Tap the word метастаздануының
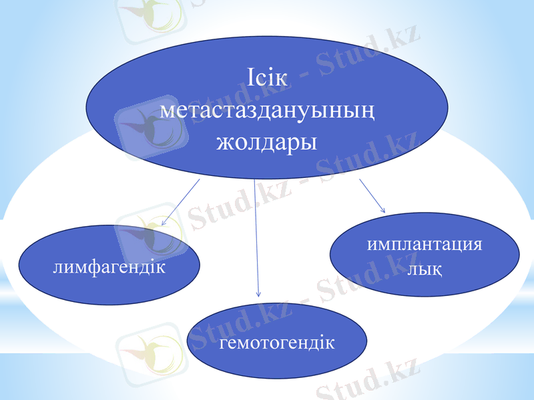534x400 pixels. click(266, 111)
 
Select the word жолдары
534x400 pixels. click(266, 142)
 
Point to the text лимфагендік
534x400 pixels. click(109, 267)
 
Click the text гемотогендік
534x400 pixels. click(277, 343)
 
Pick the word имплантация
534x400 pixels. click(425, 244)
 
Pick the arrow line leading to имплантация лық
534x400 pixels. click(372, 195)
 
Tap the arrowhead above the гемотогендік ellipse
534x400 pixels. click(258, 293)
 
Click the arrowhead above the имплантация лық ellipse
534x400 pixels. click(383, 210)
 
